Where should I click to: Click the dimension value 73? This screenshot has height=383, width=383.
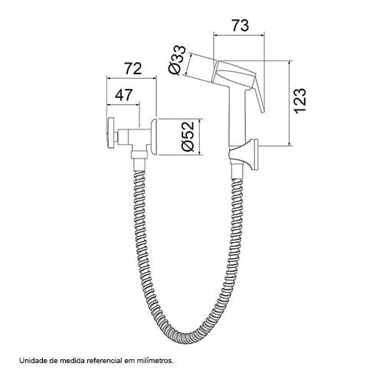[x=240, y=26]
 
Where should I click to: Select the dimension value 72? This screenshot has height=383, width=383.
[x=133, y=68]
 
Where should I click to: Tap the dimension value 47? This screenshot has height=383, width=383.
[x=123, y=95]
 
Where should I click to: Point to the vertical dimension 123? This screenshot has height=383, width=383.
[x=300, y=100]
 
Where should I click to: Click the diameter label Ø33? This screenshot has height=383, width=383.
[x=178, y=61]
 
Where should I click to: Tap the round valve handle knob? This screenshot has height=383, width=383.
[x=111, y=133]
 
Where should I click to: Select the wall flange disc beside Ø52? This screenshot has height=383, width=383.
[x=154, y=136]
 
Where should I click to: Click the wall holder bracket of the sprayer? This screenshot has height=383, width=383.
[x=244, y=154]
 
